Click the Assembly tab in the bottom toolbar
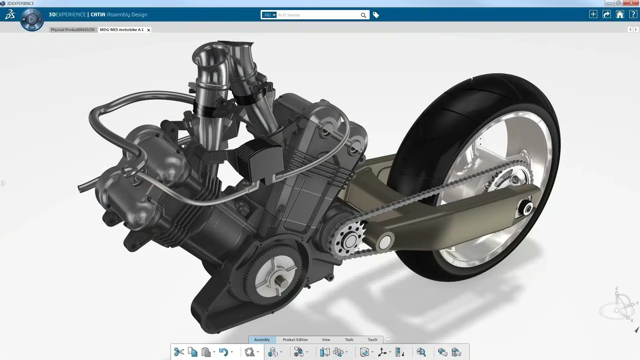pos(262,340)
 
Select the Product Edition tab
pos(295,340)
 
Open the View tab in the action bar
pos(326,340)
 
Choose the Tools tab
pos(349,340)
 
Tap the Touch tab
pos(372,340)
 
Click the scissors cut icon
pos(179,352)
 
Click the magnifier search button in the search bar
pos(363,15)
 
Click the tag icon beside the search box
pos(376,15)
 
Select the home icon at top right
pos(620,14)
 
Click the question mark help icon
pos(633,14)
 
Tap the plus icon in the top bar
pos(593,14)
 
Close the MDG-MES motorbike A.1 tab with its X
pos(149,30)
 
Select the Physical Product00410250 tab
pos(73,30)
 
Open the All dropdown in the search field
pos(269,15)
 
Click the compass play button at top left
pos(32,19)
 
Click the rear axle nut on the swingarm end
pos(528,209)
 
